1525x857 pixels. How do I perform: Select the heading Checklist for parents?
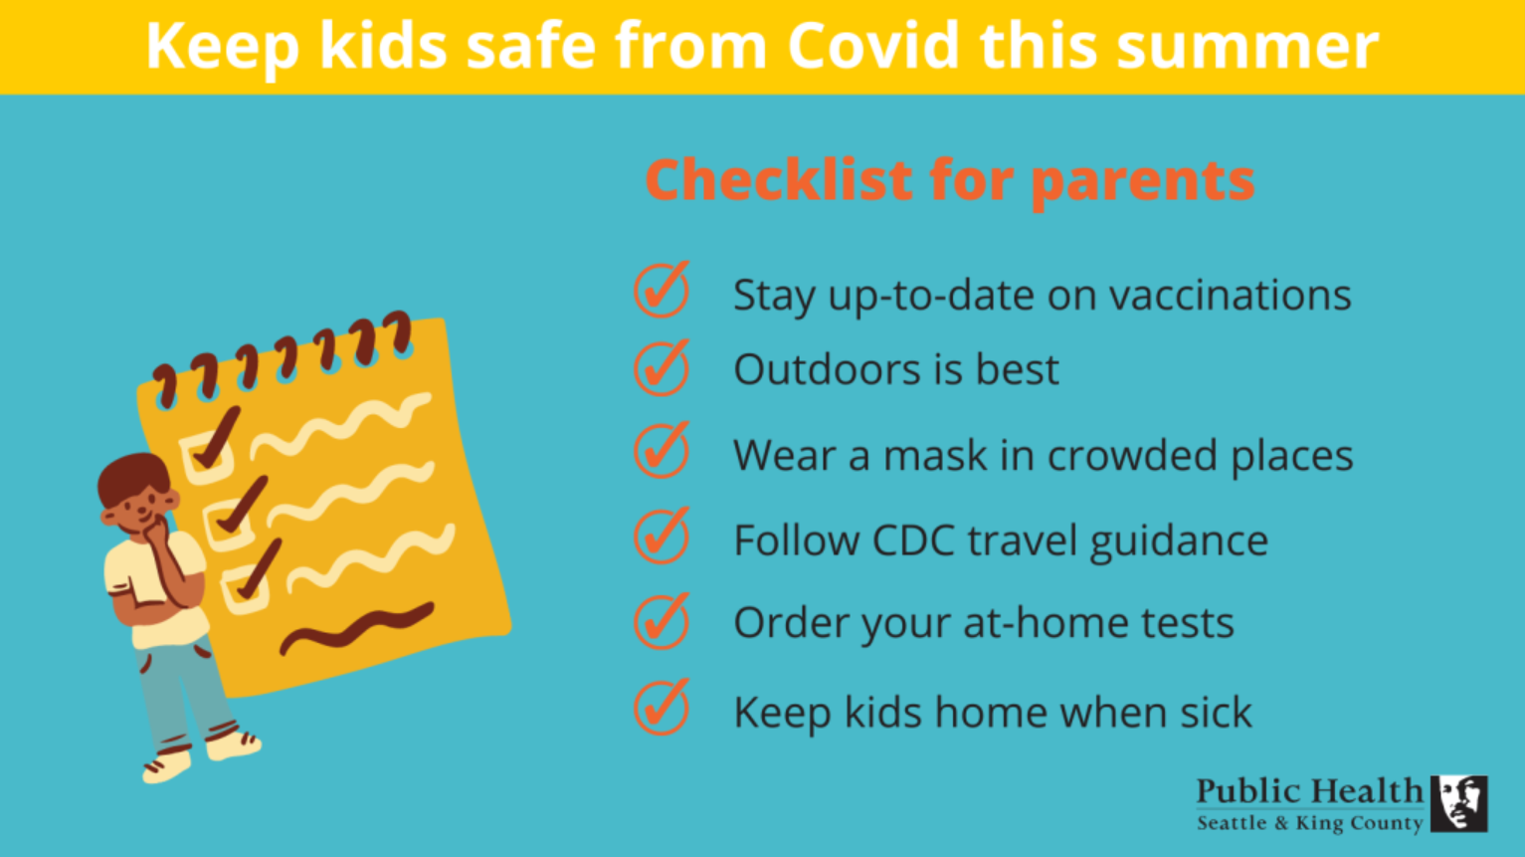coord(950,180)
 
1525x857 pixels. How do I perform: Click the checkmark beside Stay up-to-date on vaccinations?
coord(662,290)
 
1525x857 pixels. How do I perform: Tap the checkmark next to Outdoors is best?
coord(662,368)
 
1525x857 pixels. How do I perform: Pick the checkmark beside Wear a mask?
coord(662,450)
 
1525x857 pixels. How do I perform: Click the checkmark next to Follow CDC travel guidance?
coord(662,536)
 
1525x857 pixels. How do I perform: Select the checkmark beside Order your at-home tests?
coord(662,621)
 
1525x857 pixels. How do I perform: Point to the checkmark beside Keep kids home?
coord(662,707)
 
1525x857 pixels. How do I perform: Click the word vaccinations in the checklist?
coord(1231,296)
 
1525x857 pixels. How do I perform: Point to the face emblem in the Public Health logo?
coord(1458,804)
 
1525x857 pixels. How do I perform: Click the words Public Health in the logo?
coord(1310,791)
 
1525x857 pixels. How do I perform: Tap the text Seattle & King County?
coord(1310,823)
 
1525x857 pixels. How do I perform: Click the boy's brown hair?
coord(131,477)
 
